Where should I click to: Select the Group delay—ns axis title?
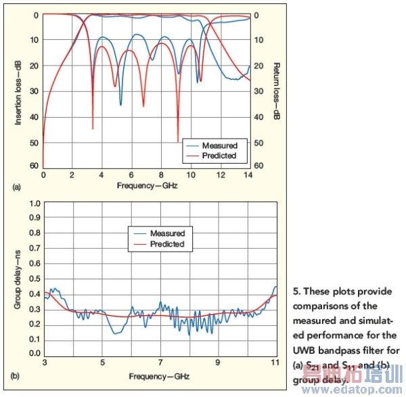(20, 278)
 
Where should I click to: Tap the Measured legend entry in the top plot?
(219, 145)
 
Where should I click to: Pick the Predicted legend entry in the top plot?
(219, 156)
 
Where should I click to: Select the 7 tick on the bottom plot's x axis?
(160, 363)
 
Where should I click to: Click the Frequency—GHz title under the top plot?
(145, 185)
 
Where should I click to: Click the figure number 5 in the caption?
(296, 292)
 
